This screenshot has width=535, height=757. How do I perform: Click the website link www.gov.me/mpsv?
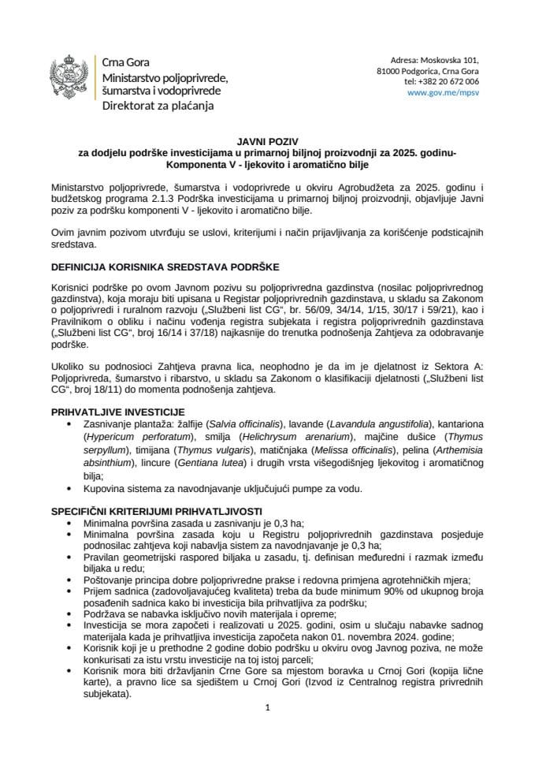coord(444,92)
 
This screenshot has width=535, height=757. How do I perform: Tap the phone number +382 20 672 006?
coord(441,81)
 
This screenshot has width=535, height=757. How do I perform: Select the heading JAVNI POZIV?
coord(267,141)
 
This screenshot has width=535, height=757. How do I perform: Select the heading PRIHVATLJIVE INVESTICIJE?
coord(118,412)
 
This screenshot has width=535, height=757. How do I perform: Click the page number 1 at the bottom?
coord(268,707)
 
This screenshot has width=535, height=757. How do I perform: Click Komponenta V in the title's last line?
coord(203,166)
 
